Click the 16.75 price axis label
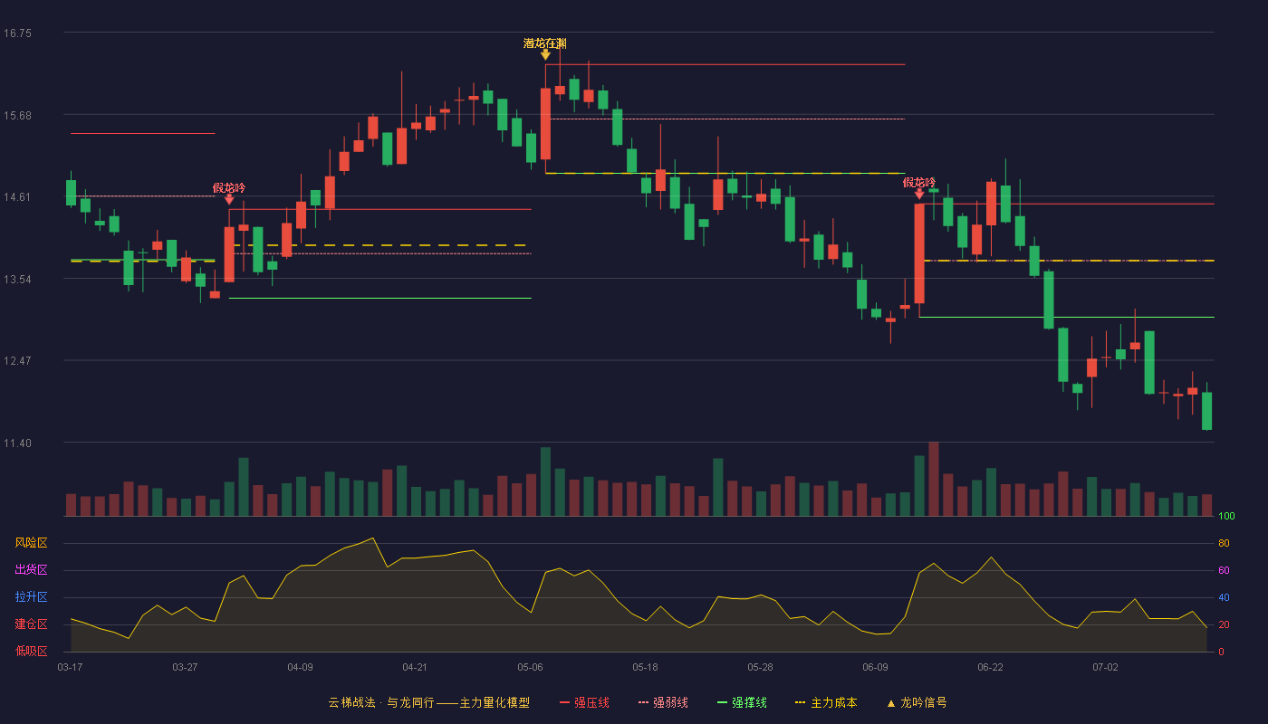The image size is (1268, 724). [x=17, y=33]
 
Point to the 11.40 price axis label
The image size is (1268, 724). [x=17, y=443]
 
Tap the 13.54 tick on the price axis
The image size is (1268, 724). [x=17, y=280]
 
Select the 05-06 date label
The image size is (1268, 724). [x=530, y=668]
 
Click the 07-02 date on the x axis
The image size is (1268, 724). [x=1105, y=668]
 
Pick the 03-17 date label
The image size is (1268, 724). [x=71, y=668]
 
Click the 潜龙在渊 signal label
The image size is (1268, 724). [x=544, y=43]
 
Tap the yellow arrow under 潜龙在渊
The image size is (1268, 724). [x=545, y=54]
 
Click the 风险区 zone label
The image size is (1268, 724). [x=31, y=543]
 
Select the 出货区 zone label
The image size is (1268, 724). [x=31, y=569]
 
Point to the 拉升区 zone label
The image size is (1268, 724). [x=31, y=596]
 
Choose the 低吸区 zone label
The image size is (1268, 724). [x=31, y=651]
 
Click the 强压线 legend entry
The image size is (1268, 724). [x=584, y=702]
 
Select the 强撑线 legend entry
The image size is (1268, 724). [x=742, y=702]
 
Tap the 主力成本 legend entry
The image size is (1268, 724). [x=826, y=702]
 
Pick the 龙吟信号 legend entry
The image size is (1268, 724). [x=917, y=702]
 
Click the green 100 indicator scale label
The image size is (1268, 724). [x=1226, y=516]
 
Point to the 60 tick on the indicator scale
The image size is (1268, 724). [x=1224, y=570]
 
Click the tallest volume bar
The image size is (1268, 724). [x=934, y=479]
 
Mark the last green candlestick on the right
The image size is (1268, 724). [x=1206, y=411]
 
